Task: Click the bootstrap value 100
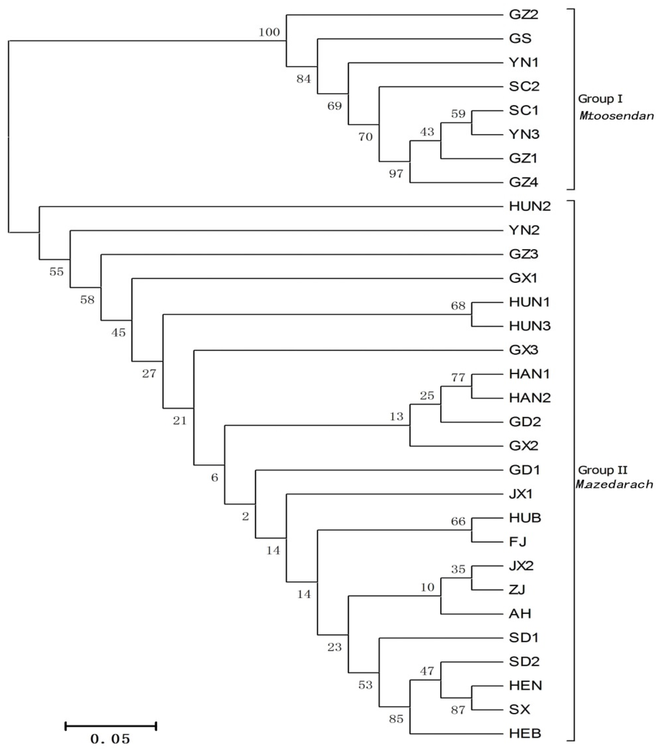[269, 32]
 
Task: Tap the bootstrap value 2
[245, 517]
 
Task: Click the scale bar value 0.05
[110, 739]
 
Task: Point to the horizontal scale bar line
[110, 726]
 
